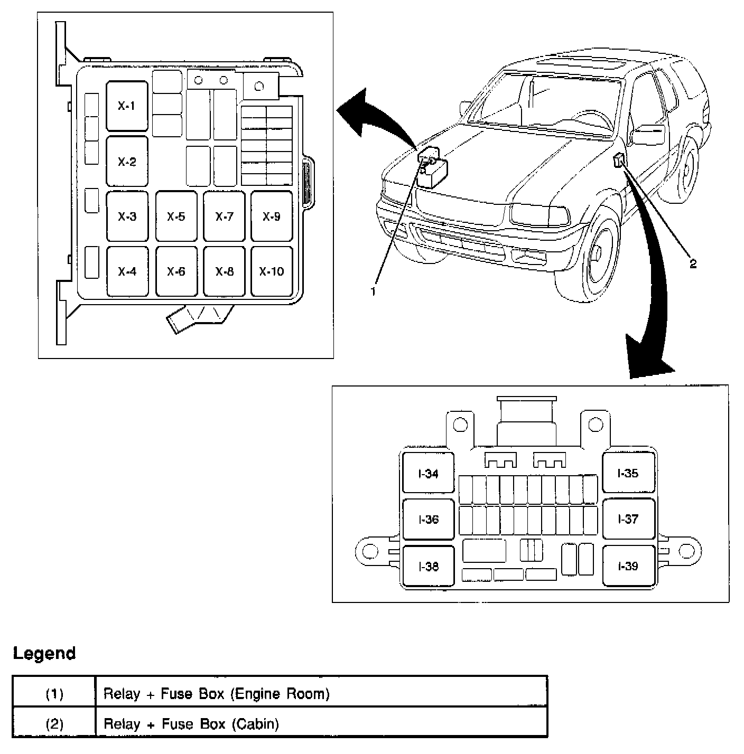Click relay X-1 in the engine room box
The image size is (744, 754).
127,106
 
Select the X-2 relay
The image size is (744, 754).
127,162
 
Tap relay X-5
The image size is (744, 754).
176,216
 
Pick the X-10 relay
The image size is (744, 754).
272,271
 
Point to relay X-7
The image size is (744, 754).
225,216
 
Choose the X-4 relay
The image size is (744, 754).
127,271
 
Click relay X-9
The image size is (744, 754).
272,216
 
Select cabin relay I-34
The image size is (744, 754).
428,474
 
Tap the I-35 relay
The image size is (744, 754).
628,473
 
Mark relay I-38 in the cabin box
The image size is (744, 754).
428,567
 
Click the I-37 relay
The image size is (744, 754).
628,519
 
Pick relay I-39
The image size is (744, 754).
628,566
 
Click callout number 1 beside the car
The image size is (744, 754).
373,291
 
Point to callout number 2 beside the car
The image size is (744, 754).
693,264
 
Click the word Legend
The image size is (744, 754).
44,653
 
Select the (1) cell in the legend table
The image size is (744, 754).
54,693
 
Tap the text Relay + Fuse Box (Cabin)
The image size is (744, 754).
191,723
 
